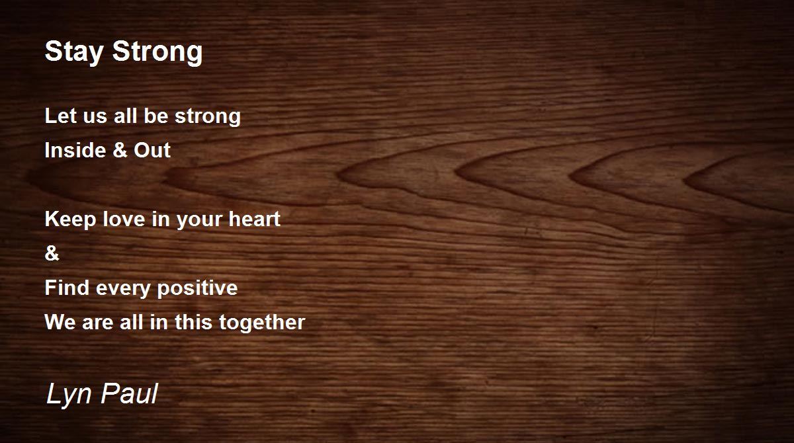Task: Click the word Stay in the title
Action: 69,52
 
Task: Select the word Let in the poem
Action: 57,116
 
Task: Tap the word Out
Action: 152,151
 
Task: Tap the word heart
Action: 254,220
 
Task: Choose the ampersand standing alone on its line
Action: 52,254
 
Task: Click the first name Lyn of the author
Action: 65,395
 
